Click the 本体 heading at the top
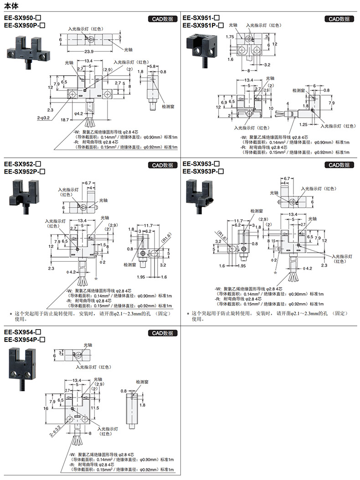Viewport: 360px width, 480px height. click(10, 5)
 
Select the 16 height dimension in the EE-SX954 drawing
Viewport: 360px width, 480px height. click(46, 409)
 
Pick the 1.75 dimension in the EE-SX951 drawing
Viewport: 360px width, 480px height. click(229, 36)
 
